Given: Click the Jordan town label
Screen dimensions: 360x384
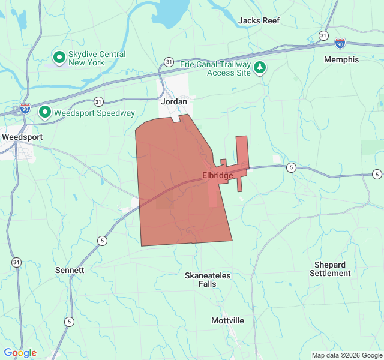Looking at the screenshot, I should tap(174, 102).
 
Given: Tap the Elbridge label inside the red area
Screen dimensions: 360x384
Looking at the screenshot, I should tap(217, 176).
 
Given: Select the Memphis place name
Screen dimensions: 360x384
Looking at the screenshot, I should tap(341, 59).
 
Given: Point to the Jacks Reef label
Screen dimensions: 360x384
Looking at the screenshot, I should tap(259, 20).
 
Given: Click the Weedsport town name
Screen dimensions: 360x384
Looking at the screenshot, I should tap(22, 137).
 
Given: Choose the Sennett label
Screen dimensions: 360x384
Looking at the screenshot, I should tap(70, 270).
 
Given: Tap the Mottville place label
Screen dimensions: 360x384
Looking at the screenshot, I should tap(227, 320).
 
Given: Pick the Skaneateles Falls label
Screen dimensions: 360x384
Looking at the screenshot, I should tap(207, 280).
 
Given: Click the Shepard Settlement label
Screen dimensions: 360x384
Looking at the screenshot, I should tap(330, 269).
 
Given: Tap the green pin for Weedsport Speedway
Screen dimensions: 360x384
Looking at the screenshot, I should tap(45, 112).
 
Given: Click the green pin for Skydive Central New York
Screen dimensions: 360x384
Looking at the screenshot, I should tap(59, 57).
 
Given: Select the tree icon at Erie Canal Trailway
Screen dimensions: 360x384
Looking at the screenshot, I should tap(260, 67).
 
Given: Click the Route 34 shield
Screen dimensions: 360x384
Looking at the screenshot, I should tap(16, 262).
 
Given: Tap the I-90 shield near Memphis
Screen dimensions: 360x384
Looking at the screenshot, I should tap(340, 43).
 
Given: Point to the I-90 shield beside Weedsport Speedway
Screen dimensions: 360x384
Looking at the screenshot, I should tap(25, 109).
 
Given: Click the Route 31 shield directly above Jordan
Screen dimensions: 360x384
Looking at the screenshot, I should tap(169, 62).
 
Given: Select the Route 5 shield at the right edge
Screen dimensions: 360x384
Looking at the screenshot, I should tap(377, 175).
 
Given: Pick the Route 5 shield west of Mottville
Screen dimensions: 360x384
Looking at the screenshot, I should tap(70, 321).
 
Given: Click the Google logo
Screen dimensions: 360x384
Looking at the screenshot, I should tap(20, 353).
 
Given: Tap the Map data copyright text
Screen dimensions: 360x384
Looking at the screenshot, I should tap(347, 355).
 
